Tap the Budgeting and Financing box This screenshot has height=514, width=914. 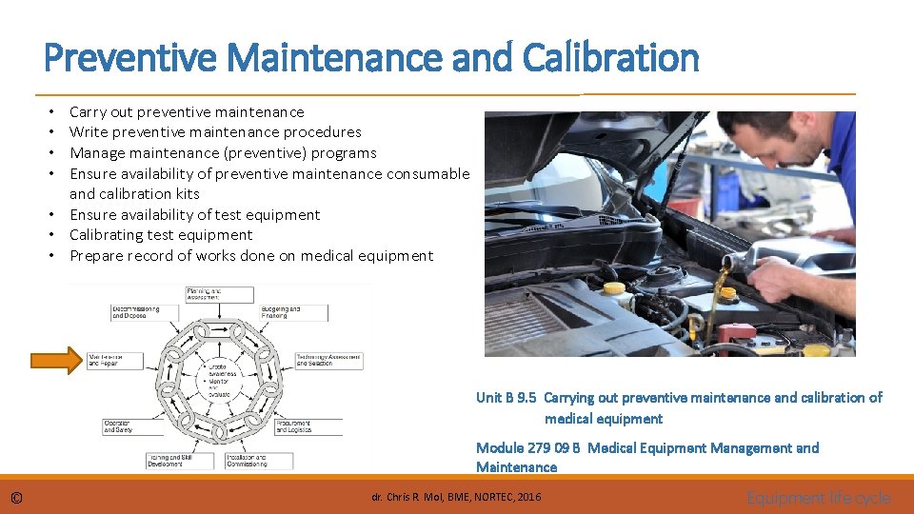[x=293, y=312]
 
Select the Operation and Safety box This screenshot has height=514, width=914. [x=130, y=426]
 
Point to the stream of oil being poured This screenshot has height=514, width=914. [x=721, y=286]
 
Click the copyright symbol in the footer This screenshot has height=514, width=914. [x=16, y=498]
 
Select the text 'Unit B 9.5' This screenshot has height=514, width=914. [x=506, y=398]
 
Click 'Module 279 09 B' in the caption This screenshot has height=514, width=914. [x=527, y=448]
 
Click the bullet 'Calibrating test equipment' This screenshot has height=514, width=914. [x=161, y=235]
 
